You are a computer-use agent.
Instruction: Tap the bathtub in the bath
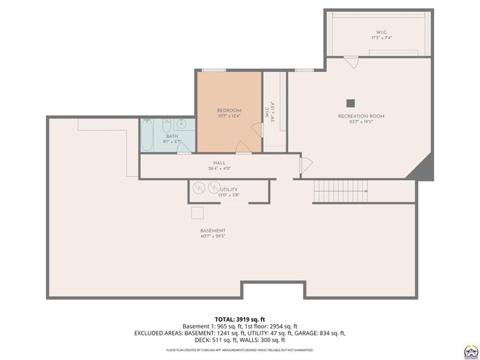(x=148, y=134)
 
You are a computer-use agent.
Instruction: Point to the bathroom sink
(x=182, y=124)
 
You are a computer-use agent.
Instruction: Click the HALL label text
(x=219, y=163)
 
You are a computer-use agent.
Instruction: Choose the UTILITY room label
(x=229, y=190)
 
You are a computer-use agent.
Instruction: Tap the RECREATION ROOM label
(x=361, y=116)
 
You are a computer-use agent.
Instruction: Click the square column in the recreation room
(x=350, y=103)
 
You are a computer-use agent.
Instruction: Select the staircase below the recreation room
(x=340, y=191)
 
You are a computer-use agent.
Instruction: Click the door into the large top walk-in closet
(x=349, y=61)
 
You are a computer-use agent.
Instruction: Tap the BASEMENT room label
(x=213, y=230)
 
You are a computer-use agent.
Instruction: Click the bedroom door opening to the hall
(x=241, y=146)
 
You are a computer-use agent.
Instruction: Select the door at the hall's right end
(x=304, y=166)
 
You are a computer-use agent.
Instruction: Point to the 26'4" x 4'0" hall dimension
(x=219, y=169)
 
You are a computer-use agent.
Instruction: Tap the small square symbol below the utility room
(x=197, y=212)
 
